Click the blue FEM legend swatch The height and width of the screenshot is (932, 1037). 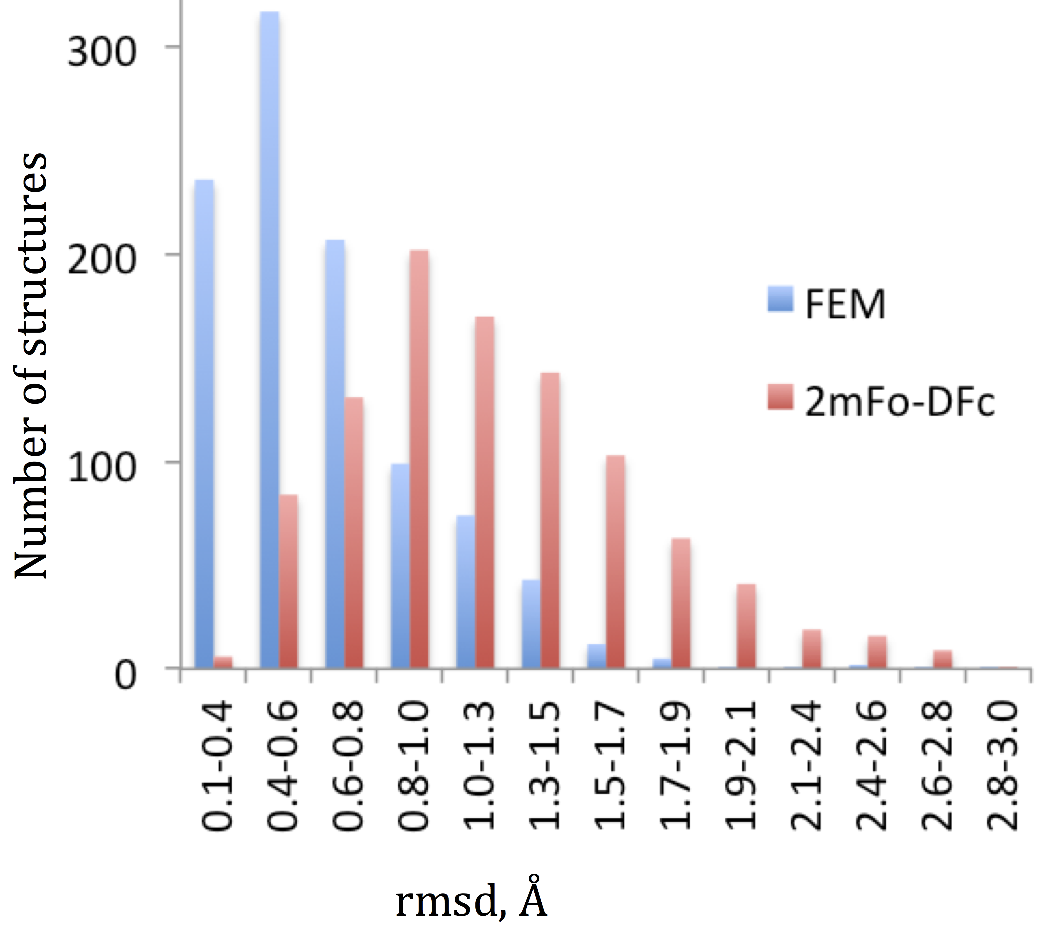pyautogui.click(x=780, y=299)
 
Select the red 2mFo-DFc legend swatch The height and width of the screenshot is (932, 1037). pyautogui.click(x=780, y=397)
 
